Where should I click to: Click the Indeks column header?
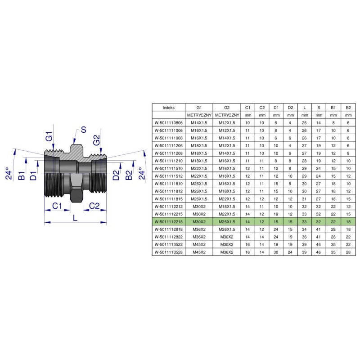pos(169,108)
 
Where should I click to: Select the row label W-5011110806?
pos(169,122)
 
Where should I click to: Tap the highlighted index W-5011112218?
pos(169,222)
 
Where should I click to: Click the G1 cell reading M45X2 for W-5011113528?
pos(199,253)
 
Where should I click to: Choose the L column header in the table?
pos(305,108)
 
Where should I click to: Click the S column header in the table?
pos(319,108)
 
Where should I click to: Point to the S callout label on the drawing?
pos(83,130)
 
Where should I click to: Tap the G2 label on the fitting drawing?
pos(97,139)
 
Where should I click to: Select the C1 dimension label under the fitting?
pos(56,206)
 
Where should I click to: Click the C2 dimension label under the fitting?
pos(94,206)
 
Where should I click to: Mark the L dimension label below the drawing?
pos(75,217)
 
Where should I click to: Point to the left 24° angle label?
pos(9,174)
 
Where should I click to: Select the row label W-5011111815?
pos(169,198)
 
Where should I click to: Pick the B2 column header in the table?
pos(348,108)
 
